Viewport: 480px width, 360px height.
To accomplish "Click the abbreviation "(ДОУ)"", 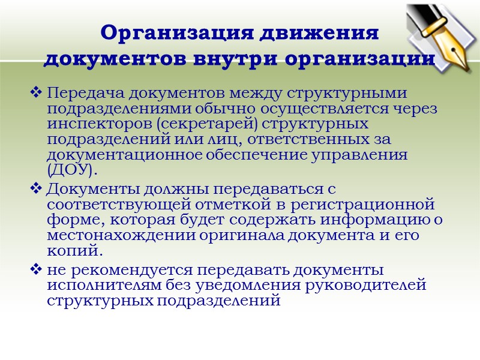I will click(71, 169).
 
